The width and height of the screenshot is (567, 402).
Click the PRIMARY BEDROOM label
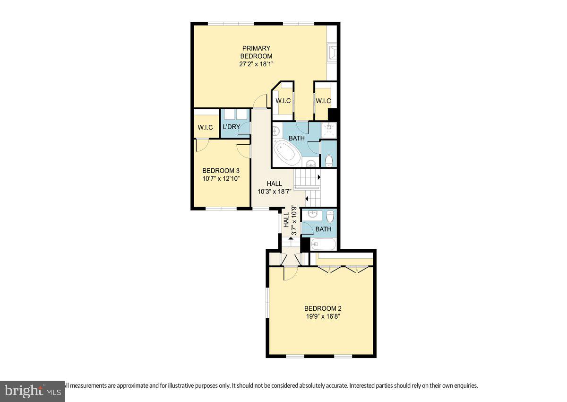[257, 52]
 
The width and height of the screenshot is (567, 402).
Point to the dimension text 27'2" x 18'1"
[257, 64]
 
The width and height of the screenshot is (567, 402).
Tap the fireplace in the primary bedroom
[333, 53]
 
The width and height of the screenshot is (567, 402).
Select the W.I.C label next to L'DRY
[206, 127]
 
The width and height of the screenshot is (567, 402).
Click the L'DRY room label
[232, 127]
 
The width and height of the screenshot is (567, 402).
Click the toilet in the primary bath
[329, 160]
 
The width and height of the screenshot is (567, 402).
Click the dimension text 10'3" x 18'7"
[274, 192]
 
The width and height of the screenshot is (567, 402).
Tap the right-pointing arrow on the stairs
[319, 177]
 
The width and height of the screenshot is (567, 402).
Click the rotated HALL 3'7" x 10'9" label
[290, 220]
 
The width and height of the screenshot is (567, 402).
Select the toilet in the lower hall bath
[330, 216]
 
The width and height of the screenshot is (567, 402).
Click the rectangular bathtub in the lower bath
[323, 245]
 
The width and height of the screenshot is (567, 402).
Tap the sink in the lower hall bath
[312, 215]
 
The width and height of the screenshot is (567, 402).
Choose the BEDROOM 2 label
[322, 308]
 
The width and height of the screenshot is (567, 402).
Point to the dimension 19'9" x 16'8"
[322, 316]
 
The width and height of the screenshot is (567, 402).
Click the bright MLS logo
[32, 391]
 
